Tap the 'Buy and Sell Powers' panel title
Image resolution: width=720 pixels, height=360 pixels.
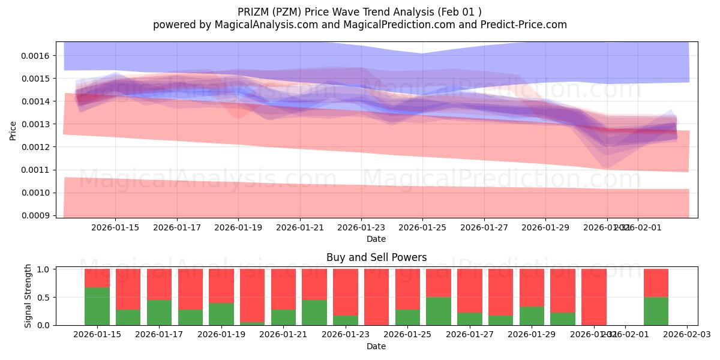(376, 257)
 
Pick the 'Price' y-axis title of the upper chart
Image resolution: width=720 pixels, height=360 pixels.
(13, 130)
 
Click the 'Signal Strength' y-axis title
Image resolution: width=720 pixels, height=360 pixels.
(28, 296)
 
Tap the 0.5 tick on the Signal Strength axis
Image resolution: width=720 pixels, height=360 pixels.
(44, 298)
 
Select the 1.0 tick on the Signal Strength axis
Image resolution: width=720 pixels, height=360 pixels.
(44, 269)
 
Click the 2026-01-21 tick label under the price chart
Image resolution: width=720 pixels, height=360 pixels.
(300, 227)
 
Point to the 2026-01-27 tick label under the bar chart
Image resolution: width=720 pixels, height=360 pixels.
(469, 334)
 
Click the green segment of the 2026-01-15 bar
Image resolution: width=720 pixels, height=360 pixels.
(97, 307)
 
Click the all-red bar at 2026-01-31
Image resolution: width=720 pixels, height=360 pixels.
(593, 297)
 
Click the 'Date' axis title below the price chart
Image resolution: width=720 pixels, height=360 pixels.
(376, 239)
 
